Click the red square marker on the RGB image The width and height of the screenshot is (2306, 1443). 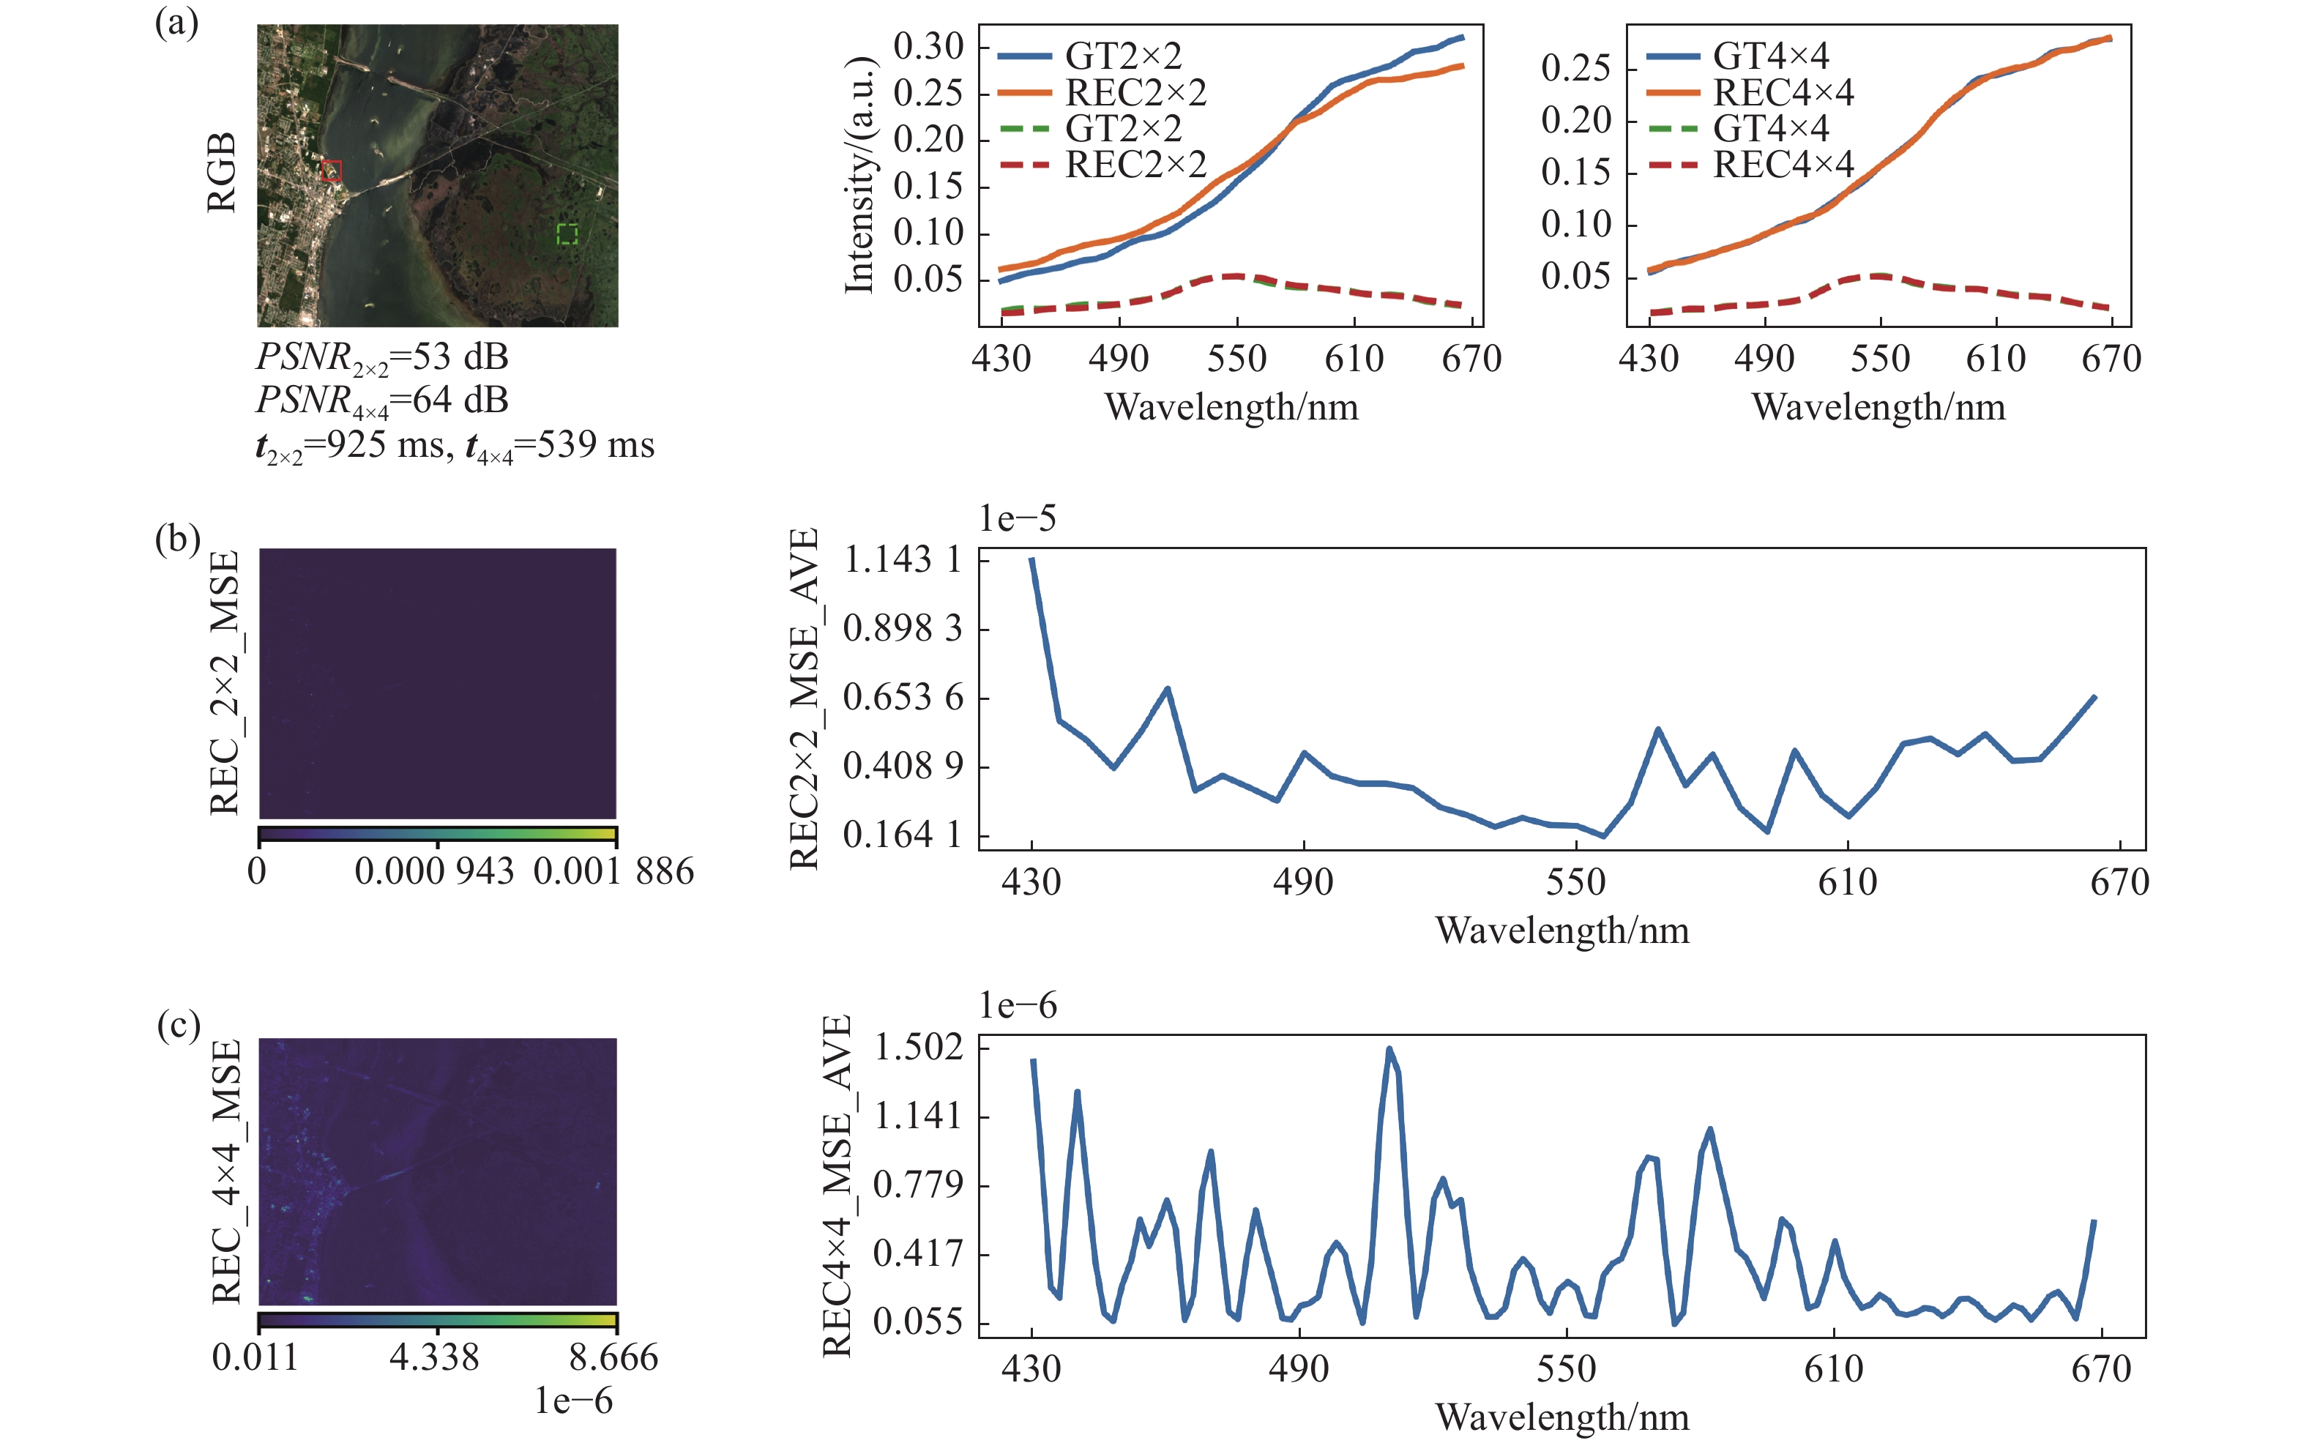point(331,171)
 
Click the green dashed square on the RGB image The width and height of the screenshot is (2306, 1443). point(567,234)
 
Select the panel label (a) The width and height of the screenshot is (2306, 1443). point(176,22)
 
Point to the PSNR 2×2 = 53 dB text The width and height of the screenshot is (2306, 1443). point(381,358)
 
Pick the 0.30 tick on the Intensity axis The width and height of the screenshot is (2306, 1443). point(928,46)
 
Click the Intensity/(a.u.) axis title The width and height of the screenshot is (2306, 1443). point(859,175)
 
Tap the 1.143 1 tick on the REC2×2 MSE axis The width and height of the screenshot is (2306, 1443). point(903,559)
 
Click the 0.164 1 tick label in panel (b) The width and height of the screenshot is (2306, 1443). point(903,835)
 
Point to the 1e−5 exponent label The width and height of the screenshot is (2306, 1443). point(1017,518)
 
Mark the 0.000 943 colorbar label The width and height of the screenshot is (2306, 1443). point(434,871)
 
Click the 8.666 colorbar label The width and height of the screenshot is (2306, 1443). point(613,1357)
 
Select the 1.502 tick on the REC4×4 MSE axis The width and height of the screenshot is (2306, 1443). point(919,1048)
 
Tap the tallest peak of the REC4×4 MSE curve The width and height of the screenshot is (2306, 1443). point(1389,1049)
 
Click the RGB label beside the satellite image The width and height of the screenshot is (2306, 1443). point(220,173)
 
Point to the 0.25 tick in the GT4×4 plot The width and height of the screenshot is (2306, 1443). point(1576,69)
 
